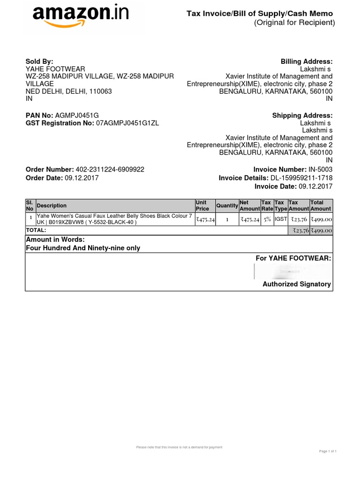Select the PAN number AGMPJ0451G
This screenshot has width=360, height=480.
pos(77,115)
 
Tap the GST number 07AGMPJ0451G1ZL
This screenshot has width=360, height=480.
pos(127,123)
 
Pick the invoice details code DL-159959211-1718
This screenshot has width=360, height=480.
pos(301,178)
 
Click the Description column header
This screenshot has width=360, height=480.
pos(52,205)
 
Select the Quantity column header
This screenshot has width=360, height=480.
pos(227,205)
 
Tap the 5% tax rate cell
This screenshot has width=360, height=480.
pos(267,219)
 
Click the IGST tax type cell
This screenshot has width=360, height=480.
pos(281,219)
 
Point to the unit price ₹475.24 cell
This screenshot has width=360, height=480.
pos(205,219)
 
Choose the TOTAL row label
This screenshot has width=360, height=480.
pos(36,230)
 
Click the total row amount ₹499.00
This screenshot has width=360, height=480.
pos(321,230)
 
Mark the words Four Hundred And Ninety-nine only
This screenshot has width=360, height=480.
pos(83,248)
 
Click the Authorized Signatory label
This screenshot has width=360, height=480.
pos(296,284)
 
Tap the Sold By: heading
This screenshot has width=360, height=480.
pos(39,61)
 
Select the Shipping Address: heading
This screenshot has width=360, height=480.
pos(302,115)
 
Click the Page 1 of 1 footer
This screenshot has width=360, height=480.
pos(328,451)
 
